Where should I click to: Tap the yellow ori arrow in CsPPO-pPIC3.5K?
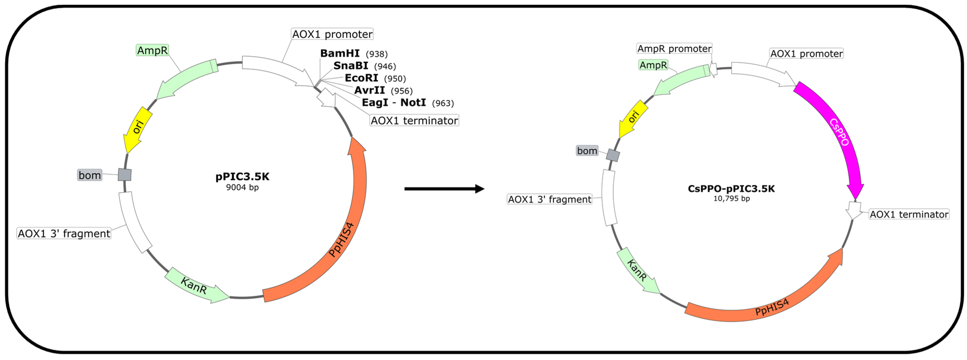(633, 118)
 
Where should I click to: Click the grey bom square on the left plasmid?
(125, 174)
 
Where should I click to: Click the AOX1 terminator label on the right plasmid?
(909, 214)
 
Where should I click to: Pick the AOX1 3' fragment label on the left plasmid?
(64, 233)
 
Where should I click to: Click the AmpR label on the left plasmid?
(152, 50)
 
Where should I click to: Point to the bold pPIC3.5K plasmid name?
(242, 177)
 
